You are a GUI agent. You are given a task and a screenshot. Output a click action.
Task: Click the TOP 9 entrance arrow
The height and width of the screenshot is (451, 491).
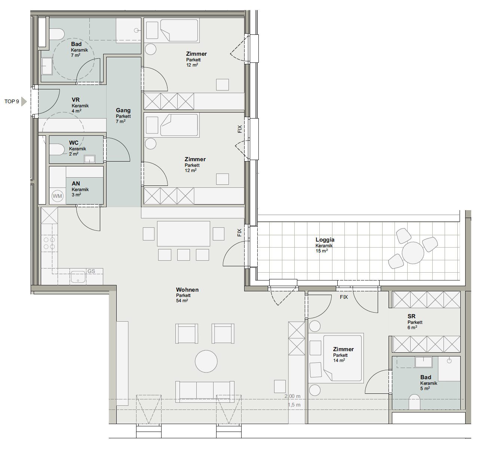pos(24,101)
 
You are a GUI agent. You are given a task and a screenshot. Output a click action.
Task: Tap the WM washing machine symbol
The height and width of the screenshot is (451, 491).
pos(57,196)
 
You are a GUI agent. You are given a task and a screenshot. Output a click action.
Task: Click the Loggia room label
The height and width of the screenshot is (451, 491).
pos(325,240)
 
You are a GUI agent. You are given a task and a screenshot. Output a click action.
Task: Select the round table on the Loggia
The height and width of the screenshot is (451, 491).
pos(413,253)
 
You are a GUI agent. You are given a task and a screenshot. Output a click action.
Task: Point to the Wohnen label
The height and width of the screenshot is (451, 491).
pos(187,290)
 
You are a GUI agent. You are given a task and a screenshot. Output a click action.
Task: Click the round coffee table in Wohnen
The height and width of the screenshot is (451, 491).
pos(206,361)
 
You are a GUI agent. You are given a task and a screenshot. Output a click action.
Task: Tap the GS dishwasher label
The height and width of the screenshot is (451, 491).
pos(91,271)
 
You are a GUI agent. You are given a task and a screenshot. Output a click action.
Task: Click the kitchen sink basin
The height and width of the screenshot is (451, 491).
pos(78,277)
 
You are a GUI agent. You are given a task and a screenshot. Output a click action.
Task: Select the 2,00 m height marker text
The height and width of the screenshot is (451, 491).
pos(292,396)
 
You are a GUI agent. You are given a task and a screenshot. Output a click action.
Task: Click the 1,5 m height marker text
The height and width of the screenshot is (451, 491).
pos(294,405)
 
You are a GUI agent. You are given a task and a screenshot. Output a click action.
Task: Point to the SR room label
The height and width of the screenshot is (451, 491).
pos(411,316)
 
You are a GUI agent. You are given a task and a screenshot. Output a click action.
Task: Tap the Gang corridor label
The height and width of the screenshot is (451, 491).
pos(123,110)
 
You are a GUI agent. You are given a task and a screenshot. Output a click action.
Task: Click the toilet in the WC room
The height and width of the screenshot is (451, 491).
pos(57,149)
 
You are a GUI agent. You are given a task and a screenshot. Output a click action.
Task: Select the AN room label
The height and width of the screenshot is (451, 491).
pos(76,184)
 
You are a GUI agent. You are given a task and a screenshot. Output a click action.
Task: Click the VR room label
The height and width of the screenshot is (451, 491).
pos(76,100)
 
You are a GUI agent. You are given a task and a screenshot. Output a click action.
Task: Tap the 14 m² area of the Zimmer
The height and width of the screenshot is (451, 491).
pos(339,361)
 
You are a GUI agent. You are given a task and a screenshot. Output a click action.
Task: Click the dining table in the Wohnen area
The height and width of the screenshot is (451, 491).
pos(183,234)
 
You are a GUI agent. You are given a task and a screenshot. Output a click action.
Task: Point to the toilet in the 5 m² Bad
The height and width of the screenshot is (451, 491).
pos(414,402)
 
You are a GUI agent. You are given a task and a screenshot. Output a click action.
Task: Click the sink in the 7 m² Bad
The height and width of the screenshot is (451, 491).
pos(47,66)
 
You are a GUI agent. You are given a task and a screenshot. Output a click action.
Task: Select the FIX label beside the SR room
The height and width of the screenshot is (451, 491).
pos(344,297)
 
